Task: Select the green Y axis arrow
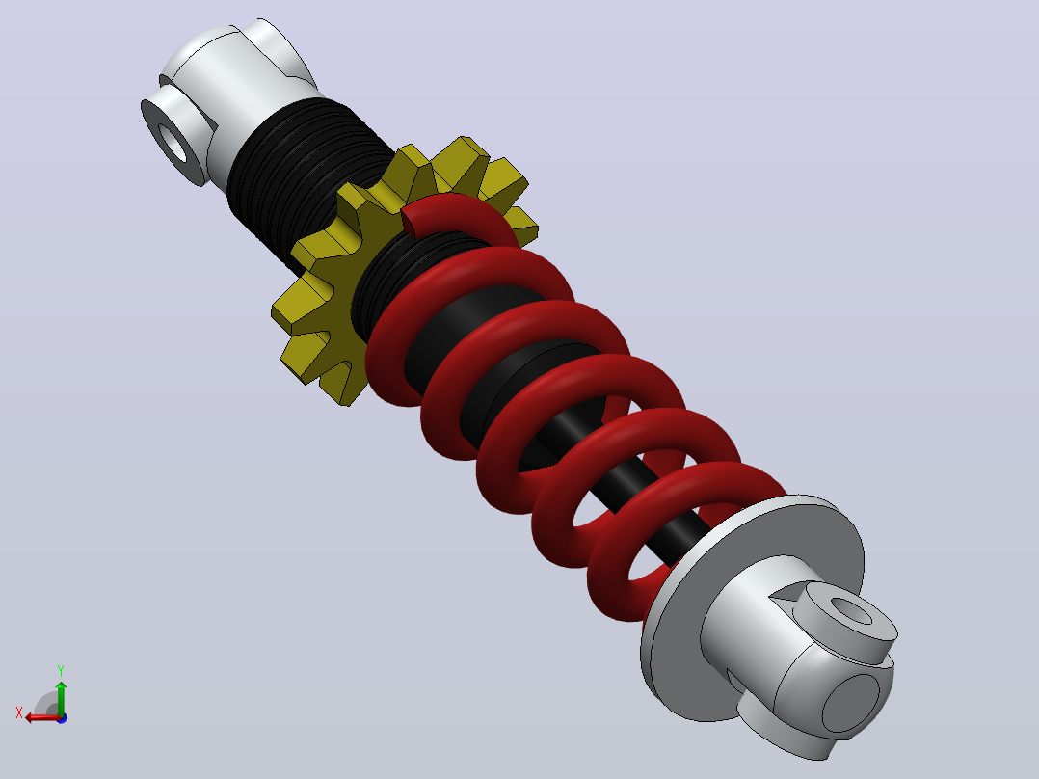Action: coord(61,696)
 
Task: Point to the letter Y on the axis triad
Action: coord(61,670)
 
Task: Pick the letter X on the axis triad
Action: coord(19,712)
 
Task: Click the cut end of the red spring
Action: coord(409,221)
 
